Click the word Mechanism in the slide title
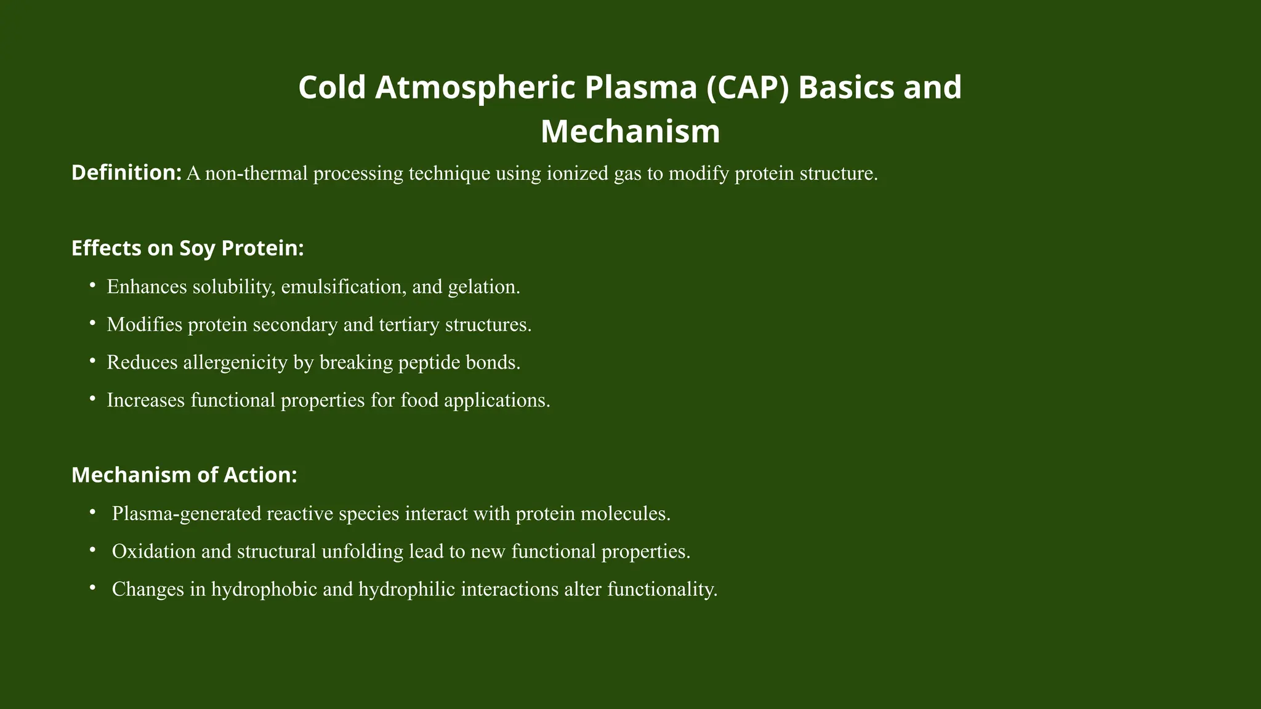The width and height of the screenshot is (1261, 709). point(630,132)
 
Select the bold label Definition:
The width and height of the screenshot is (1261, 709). point(126,173)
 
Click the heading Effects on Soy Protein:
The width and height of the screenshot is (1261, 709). point(188,248)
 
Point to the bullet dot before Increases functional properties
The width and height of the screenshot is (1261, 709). point(92,399)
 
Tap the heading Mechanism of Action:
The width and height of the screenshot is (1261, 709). point(184,475)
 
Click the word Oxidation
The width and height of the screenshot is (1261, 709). point(154,551)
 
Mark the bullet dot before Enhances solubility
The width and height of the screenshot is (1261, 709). point(92,286)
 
